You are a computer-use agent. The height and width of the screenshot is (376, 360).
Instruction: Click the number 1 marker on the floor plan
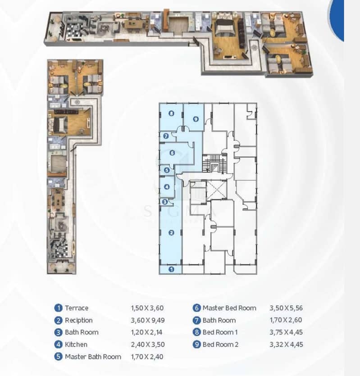coord(171,269)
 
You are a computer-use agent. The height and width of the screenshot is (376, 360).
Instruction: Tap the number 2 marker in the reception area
coord(171,233)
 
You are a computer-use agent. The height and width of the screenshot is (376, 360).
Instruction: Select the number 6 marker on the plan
coord(172,153)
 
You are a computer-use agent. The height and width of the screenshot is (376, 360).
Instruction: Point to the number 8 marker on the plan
coord(171,113)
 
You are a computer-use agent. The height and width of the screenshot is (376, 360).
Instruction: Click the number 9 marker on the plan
coord(196,119)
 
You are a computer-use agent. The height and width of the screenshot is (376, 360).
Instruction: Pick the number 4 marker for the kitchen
coord(167,187)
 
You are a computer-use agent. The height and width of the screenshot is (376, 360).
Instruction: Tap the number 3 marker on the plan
coord(165,202)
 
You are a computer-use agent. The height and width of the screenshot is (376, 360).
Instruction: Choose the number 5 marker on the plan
coord(167,170)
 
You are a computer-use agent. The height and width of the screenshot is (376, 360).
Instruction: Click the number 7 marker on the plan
coord(166,136)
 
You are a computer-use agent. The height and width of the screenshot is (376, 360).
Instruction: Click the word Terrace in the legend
coord(77,308)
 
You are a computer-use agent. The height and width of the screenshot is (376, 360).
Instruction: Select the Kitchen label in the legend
coord(76,344)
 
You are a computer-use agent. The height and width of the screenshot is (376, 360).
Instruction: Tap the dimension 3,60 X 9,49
coord(148,320)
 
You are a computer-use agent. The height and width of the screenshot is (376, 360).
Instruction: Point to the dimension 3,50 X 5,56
coord(286,308)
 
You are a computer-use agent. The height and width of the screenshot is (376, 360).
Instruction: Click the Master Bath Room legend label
coord(93,357)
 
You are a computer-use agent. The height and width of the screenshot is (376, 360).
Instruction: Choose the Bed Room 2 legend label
coord(220,344)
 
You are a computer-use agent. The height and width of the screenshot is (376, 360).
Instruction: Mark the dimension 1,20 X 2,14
coord(146,332)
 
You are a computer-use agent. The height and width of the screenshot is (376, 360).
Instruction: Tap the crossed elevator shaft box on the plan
coord(216,190)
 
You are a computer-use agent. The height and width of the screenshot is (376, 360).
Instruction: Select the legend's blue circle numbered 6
coord(196,308)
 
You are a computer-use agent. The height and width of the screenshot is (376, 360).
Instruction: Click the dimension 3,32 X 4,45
coord(286,344)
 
